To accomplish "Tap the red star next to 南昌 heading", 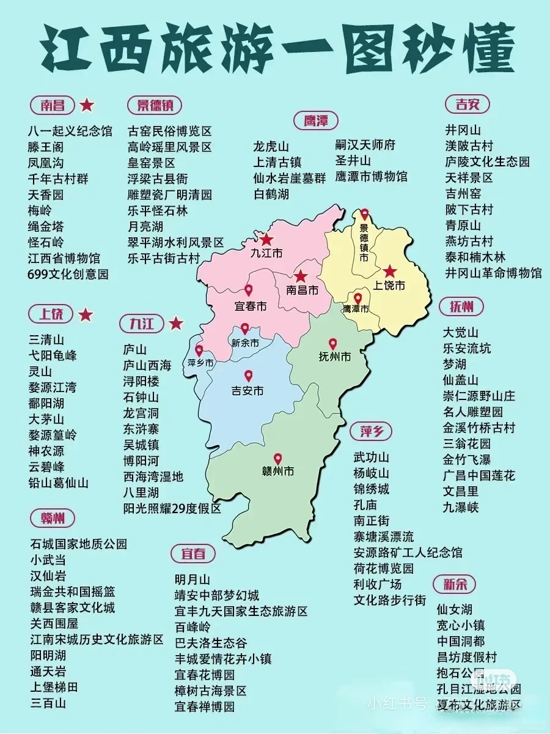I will (x=87, y=105).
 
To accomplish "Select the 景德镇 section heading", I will (x=155, y=105).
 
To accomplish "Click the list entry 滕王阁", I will (x=46, y=147).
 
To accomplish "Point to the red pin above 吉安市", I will (x=248, y=376).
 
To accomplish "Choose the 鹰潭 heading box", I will (x=315, y=120).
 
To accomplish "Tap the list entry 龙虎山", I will (x=271, y=147).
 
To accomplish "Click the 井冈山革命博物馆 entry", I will (x=493, y=272).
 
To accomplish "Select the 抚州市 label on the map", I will (x=335, y=357).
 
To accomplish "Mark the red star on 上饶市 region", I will (x=389, y=272).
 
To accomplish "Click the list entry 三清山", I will (x=46, y=339).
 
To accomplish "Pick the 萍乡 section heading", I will (x=372, y=432).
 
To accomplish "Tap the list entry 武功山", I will (x=372, y=458).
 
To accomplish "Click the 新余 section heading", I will (x=455, y=584).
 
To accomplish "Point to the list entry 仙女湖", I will (x=455, y=609).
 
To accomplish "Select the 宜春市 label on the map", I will (x=250, y=306).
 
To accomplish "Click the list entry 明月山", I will (x=193, y=579).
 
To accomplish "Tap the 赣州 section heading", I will (x=53, y=518).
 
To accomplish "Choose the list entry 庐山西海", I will (x=147, y=365).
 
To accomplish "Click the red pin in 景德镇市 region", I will (x=365, y=214).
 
